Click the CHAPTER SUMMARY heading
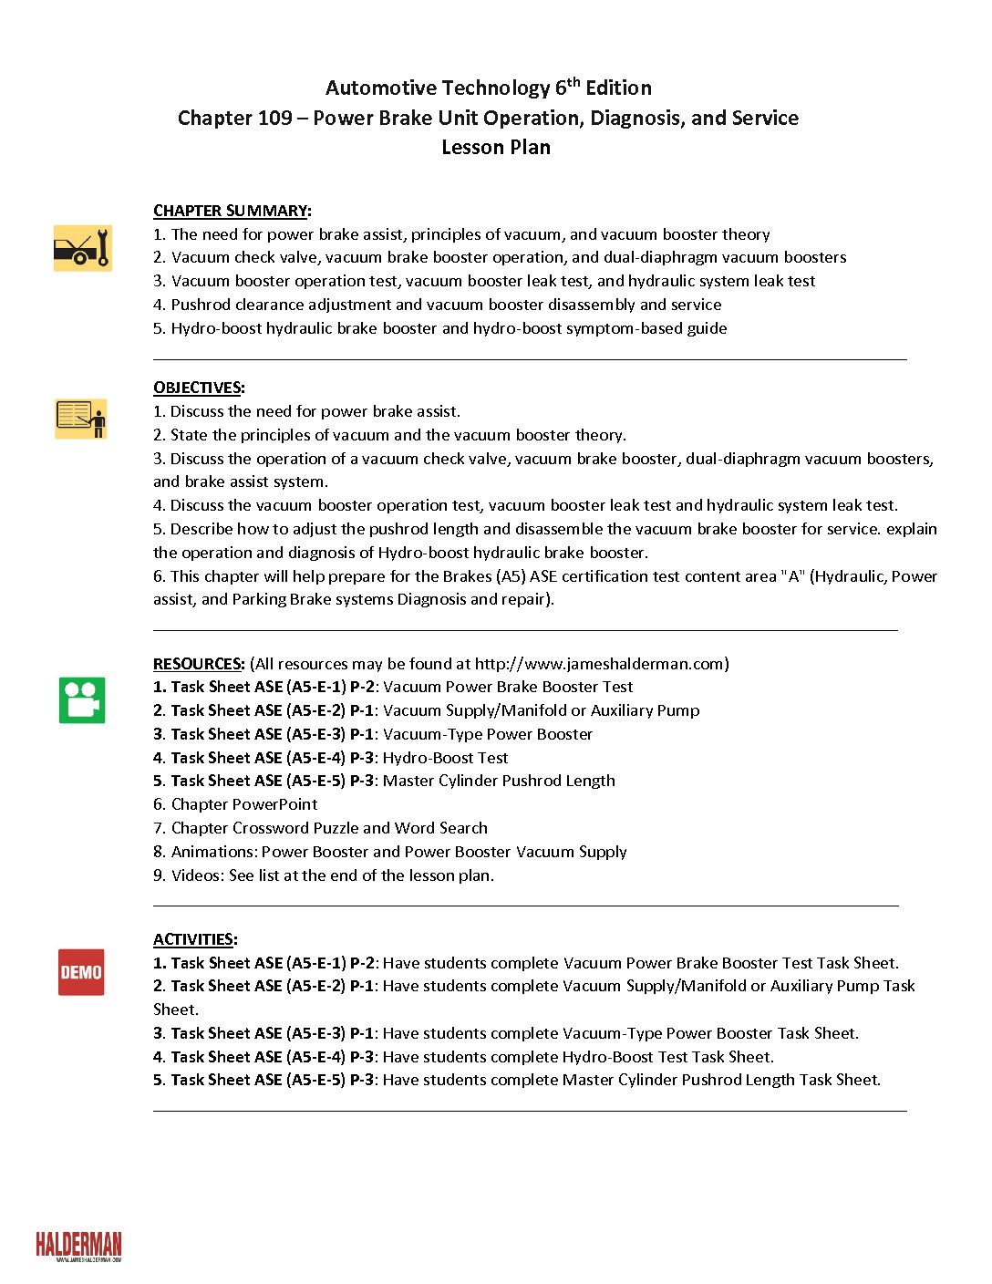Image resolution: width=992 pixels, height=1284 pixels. [231, 211]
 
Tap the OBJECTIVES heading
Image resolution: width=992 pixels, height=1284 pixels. [198, 388]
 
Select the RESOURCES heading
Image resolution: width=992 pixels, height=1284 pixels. [198, 664]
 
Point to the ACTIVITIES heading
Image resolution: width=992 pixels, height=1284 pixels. [194, 939]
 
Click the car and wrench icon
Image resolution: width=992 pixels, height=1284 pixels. [82, 248]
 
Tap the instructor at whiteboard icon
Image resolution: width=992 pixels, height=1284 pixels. [81, 419]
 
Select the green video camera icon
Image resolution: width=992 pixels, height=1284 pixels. [82, 700]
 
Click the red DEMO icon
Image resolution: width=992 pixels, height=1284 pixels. [81, 972]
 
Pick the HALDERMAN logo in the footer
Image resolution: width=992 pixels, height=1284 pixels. [78, 1246]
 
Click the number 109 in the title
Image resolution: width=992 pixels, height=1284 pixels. [274, 118]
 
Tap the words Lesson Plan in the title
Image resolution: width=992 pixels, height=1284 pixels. [496, 147]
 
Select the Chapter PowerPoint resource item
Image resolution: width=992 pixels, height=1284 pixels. [244, 804]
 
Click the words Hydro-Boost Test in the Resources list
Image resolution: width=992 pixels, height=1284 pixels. [445, 758]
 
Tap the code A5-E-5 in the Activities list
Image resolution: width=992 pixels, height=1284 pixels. [315, 1080]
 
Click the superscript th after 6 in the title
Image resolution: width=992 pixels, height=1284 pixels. [573, 81]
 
